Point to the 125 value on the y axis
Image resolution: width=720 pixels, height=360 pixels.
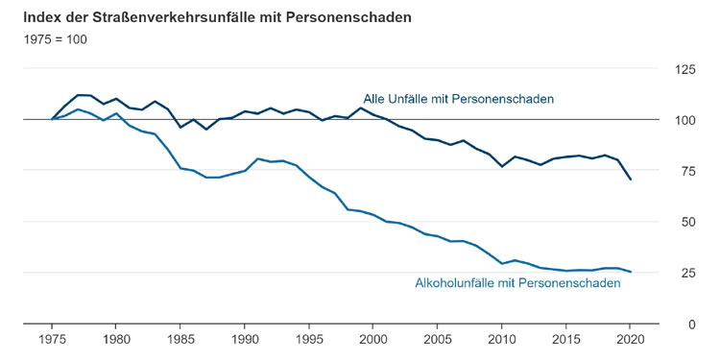(x=685, y=70)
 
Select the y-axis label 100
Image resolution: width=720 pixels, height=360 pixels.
(x=685, y=121)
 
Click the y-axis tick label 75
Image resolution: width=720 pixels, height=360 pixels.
(x=688, y=172)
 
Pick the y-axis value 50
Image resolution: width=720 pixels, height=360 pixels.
(x=688, y=223)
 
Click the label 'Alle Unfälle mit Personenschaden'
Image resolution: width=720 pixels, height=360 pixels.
(x=458, y=99)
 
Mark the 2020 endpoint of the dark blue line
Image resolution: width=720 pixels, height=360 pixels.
(x=630, y=180)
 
